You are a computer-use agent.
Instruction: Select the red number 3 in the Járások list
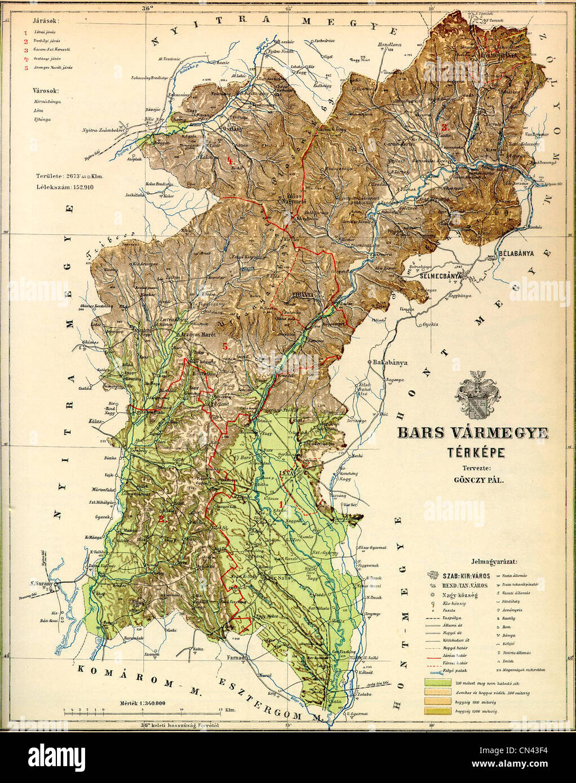click(x=25, y=50)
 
